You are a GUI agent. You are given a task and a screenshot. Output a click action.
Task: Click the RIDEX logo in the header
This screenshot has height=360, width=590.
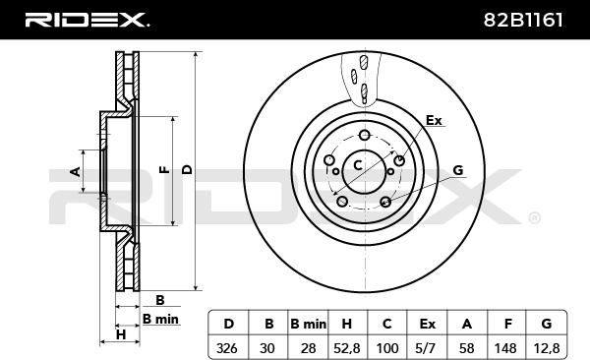coord(87,20)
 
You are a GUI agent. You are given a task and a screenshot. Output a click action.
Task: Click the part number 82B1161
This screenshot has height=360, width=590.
coord(523,20)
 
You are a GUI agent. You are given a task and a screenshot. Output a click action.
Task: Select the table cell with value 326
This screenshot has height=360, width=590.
coord(227,348)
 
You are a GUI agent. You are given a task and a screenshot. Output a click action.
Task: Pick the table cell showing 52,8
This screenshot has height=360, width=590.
coord(347,348)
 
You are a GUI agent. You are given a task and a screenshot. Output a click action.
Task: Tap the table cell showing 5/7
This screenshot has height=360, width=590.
coord(427,348)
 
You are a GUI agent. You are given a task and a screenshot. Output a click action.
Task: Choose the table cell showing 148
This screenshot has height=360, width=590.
coord(505,348)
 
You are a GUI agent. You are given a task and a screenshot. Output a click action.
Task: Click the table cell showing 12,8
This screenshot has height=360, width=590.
coord(546,348)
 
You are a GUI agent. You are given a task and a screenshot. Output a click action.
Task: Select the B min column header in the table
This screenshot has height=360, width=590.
coord(308,324)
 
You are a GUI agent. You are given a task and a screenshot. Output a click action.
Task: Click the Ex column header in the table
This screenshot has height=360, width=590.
coord(427,324)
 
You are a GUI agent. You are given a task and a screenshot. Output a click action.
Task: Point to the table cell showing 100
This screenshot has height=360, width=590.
coord(387,348)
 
